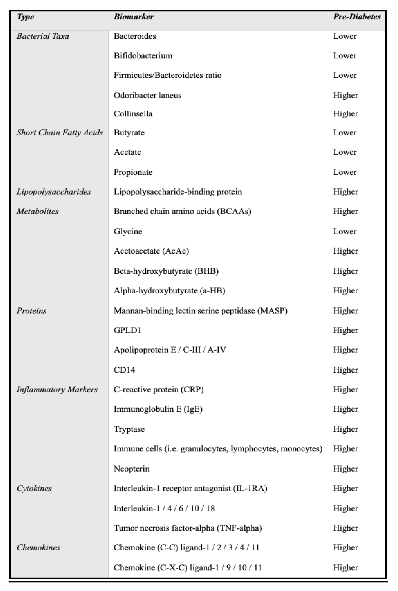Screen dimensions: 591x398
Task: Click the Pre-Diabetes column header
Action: pyautogui.click(x=357, y=17)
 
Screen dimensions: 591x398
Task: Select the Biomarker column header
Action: pyautogui.click(x=134, y=17)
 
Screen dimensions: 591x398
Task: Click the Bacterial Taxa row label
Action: pyautogui.click(x=43, y=36)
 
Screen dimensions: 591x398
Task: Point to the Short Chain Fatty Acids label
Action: pyautogui.click(x=60, y=132)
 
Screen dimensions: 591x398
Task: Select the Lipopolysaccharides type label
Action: pyautogui.click(x=54, y=192)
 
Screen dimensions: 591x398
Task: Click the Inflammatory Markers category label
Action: pyautogui.click(x=57, y=389)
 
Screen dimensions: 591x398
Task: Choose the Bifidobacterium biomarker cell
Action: pyautogui.click(x=143, y=56)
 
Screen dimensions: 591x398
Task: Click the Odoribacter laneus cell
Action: pyautogui.click(x=147, y=95)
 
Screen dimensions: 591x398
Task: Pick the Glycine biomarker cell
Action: pyautogui.click(x=128, y=231)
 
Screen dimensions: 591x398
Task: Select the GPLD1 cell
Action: pyautogui.click(x=127, y=330)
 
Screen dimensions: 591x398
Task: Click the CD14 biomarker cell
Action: pyautogui.click(x=124, y=370)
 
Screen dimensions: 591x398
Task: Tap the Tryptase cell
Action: pyautogui.click(x=129, y=429)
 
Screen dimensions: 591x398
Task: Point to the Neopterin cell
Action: pyautogui.click(x=131, y=468)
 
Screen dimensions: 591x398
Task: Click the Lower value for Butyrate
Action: pyautogui.click(x=345, y=132)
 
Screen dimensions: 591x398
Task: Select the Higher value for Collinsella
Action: pyautogui.click(x=345, y=113)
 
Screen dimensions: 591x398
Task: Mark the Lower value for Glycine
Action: pyautogui.click(x=345, y=231)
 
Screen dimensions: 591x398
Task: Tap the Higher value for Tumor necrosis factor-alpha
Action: pyautogui.click(x=345, y=528)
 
